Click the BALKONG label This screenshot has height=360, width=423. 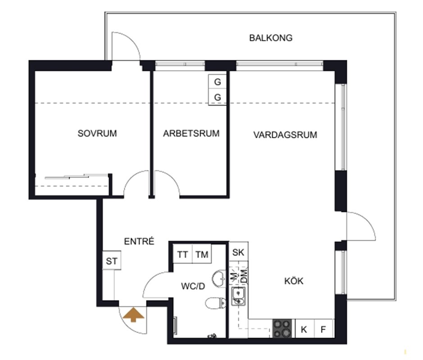(x=271, y=38)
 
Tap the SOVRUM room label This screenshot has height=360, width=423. (x=97, y=133)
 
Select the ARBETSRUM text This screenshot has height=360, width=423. (x=191, y=133)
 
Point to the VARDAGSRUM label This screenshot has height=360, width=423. (x=285, y=135)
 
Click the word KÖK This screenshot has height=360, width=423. (x=294, y=281)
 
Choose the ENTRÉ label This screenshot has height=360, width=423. (x=139, y=241)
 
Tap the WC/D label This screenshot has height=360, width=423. (x=193, y=286)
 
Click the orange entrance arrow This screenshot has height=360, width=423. (x=133, y=315)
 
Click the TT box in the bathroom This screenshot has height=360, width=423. (x=182, y=254)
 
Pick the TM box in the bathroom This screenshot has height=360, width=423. (x=202, y=254)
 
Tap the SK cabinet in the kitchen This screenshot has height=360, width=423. (x=238, y=252)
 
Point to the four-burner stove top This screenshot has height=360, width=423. (x=282, y=328)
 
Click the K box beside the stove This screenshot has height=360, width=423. (x=304, y=329)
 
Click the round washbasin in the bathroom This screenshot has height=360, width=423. (x=219, y=278)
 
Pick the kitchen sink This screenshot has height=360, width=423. (x=238, y=296)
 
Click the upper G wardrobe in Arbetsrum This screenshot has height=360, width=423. (x=217, y=82)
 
